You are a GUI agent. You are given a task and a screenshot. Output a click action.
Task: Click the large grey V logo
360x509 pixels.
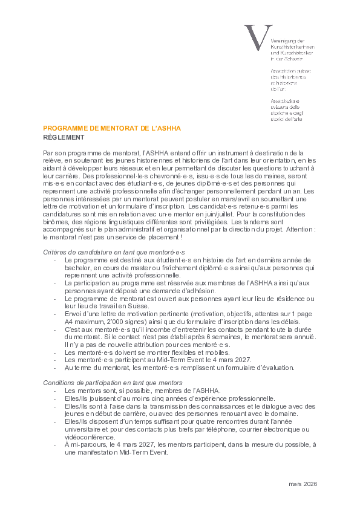(x=254, y=37)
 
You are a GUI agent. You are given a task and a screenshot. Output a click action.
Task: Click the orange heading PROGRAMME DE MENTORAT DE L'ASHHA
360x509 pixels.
(x=112, y=129)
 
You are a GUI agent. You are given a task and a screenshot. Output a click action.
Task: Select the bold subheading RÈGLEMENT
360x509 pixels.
(x=64, y=138)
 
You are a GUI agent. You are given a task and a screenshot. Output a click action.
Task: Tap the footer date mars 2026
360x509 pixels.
(x=303, y=484)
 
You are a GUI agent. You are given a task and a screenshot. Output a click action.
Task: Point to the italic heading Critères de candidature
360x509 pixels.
(x=114, y=251)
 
